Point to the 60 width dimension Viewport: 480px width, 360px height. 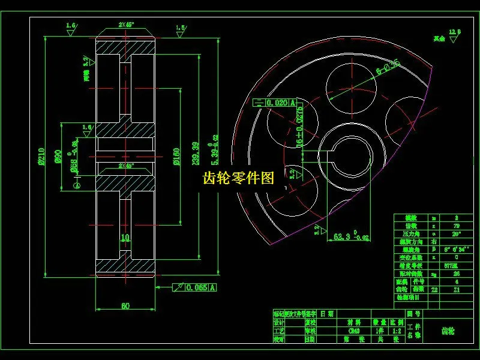125,306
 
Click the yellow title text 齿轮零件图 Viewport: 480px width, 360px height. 238,178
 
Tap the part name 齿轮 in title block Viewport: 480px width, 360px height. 448,331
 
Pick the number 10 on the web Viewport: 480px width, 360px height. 125,238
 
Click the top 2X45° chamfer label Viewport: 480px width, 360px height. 125,26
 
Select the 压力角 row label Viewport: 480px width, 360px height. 410,233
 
